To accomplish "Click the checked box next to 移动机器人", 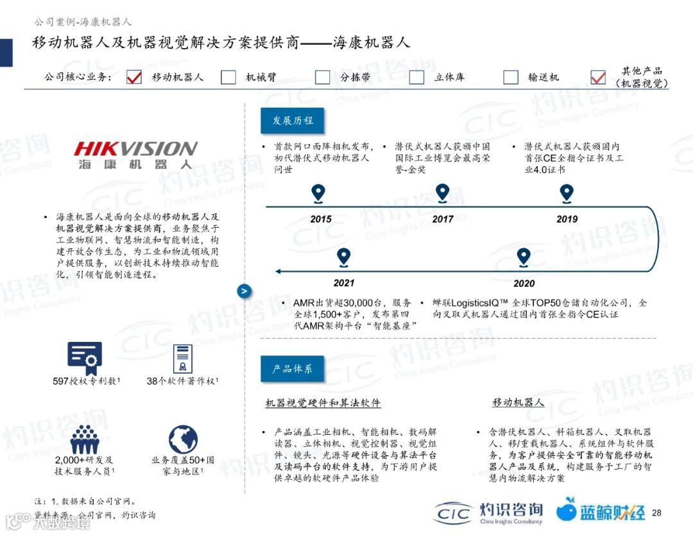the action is (134, 77).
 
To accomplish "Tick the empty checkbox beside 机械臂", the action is (228, 77).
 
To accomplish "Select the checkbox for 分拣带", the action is (323, 77).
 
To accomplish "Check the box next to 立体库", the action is (417, 77).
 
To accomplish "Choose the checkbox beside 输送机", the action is (511, 77).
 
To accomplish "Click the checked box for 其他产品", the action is (598, 77).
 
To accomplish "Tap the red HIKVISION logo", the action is (136, 149).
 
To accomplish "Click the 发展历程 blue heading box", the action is (292, 121).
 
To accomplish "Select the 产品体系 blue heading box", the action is (292, 369).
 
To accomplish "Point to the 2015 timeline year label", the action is (321, 219).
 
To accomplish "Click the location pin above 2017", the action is (442, 192).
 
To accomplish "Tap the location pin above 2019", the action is (566, 192).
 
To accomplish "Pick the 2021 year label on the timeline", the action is (344, 283).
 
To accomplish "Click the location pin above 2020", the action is (524, 257).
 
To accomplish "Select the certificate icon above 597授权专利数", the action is (85, 358).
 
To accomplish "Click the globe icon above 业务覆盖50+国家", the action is (183, 439).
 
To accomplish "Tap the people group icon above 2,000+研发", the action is (84, 439).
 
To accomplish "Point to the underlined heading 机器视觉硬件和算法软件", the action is (323, 403).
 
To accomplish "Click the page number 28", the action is (656, 513).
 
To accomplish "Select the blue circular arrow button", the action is (244, 291).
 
